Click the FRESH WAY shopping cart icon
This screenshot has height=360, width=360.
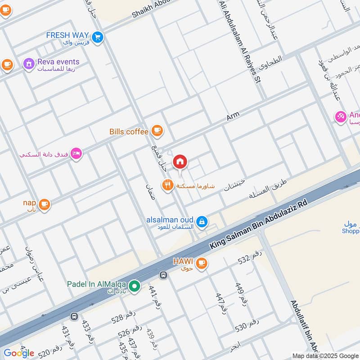point(97,37)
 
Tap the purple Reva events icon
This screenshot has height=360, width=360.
point(29,64)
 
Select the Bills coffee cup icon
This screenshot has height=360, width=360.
point(157,131)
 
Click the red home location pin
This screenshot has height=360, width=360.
point(180,161)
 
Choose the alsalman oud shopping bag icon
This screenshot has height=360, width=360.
point(202,221)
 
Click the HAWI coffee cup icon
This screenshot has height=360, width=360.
point(202,262)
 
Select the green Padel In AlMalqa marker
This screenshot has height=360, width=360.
point(134,286)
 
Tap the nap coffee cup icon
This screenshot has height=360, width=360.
point(44,205)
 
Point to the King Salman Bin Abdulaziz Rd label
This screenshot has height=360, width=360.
point(258,225)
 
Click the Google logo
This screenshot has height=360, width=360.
point(19,353)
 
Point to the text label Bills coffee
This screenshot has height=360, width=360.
point(129,131)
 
